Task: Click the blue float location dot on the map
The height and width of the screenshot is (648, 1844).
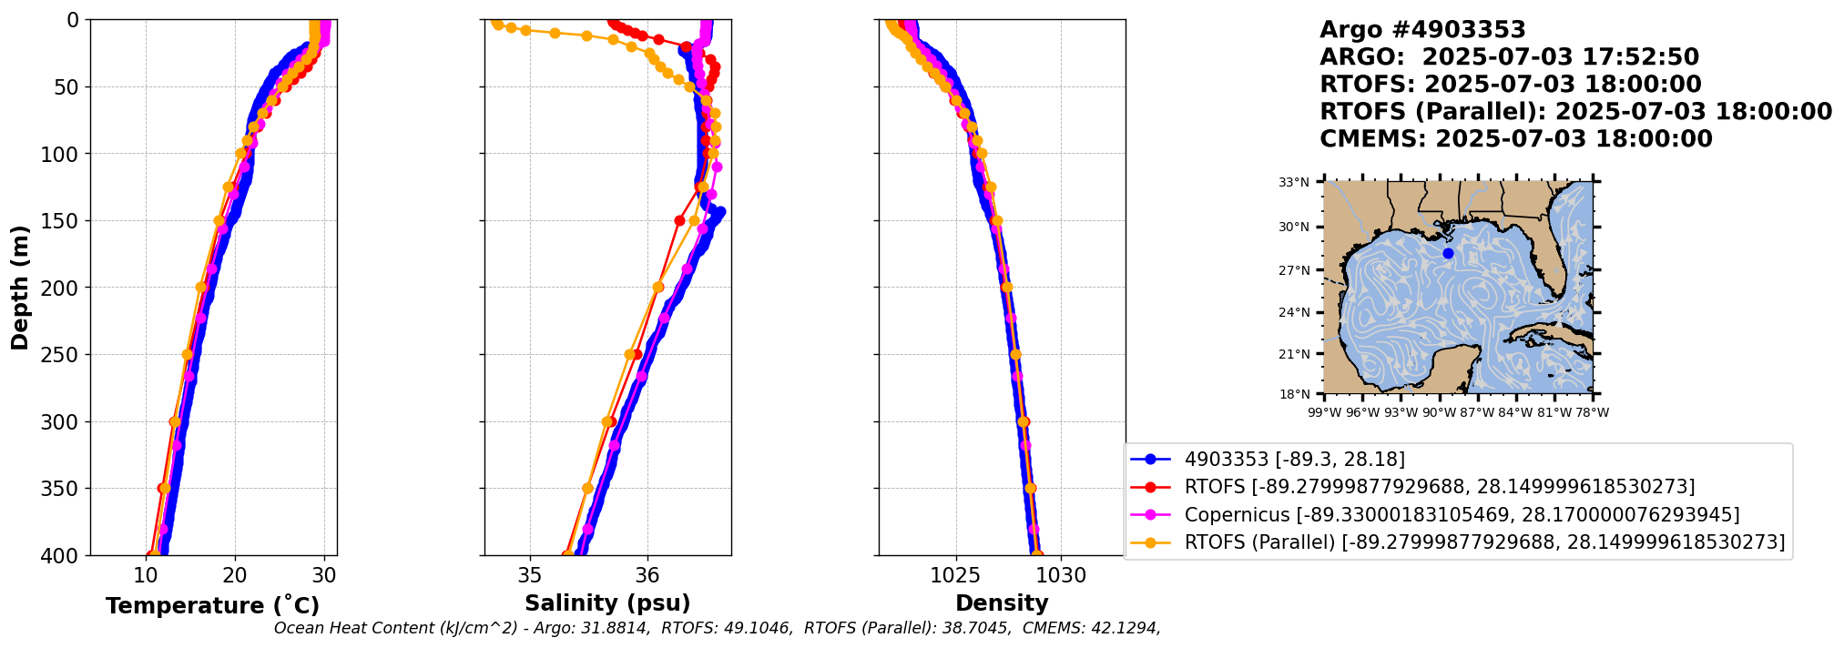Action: click(1448, 253)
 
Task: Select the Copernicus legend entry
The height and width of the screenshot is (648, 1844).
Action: click(1462, 515)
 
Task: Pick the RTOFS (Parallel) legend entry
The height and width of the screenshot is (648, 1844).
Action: click(1484, 542)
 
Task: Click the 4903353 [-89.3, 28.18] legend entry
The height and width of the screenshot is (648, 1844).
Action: click(1294, 460)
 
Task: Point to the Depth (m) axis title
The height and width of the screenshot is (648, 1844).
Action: click(20, 287)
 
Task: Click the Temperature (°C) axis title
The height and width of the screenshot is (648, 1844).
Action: click(212, 605)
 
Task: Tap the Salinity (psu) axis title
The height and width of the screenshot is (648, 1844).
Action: click(607, 602)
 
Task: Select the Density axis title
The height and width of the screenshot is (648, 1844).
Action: click(1002, 602)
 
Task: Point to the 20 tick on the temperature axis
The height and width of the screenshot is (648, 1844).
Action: click(235, 575)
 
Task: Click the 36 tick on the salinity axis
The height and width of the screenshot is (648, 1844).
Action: click(647, 575)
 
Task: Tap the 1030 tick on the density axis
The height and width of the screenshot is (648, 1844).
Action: click(1061, 575)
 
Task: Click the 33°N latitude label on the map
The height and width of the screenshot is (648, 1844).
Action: click(1294, 182)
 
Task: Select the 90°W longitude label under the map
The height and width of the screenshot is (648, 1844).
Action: click(1439, 412)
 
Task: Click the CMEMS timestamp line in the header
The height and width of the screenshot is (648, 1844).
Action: click(1515, 139)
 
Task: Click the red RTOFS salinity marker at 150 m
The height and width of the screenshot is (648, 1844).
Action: click(679, 220)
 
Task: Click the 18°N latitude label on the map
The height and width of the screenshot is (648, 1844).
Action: click(1294, 394)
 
